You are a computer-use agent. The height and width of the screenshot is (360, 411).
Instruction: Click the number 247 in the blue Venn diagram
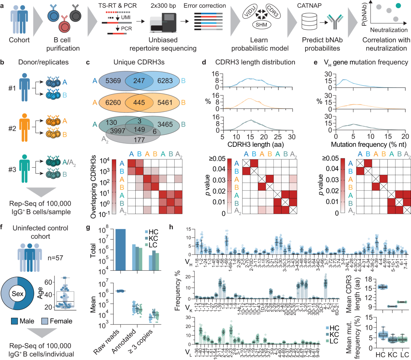(x=139, y=81)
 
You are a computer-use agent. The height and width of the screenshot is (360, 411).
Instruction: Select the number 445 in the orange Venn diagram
(x=139, y=102)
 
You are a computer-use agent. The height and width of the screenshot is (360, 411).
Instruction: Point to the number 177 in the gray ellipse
(x=139, y=140)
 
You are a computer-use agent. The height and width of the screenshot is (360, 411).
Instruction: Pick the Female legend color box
(x=45, y=321)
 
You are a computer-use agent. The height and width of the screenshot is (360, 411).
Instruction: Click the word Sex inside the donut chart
(x=17, y=294)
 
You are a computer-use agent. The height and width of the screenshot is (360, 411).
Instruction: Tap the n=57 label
(x=55, y=257)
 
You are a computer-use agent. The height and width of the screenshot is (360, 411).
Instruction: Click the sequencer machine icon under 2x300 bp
(x=163, y=22)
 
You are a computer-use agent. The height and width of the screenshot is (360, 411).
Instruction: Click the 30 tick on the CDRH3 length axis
(x=291, y=137)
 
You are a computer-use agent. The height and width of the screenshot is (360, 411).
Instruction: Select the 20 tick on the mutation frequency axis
(x=405, y=137)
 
